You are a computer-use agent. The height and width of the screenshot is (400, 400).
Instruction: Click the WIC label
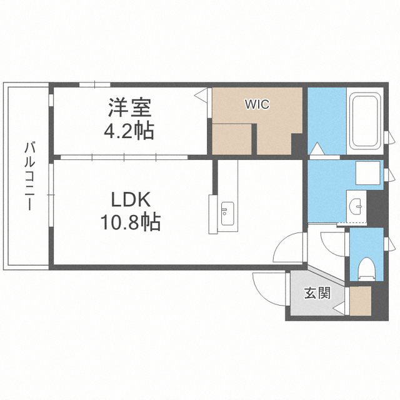click(x=257, y=104)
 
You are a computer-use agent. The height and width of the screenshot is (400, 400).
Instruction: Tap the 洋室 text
click(x=129, y=108)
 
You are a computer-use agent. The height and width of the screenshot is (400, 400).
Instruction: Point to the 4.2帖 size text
click(x=129, y=131)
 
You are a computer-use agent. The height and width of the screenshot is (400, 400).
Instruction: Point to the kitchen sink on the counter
click(x=226, y=213)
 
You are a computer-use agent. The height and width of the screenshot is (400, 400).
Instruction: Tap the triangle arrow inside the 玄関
click(x=337, y=309)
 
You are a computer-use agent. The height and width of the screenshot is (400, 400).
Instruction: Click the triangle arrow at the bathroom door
click(x=317, y=150)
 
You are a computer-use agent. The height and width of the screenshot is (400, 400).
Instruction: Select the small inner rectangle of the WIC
click(x=234, y=138)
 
